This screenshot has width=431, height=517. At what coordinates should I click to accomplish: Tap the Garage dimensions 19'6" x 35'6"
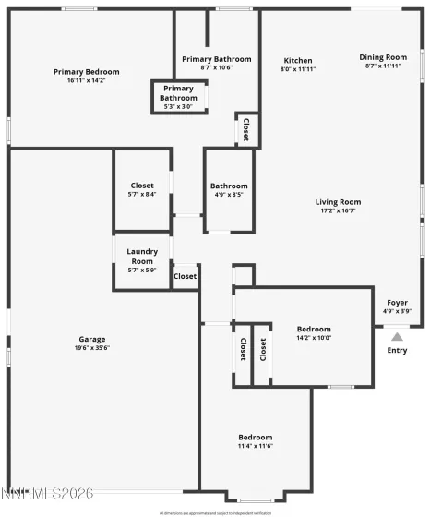coord(91,348)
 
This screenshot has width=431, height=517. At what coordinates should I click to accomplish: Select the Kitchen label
coord(298,61)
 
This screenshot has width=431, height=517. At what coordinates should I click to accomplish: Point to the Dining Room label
coord(383,57)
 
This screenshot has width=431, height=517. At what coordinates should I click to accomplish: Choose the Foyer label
coord(397,303)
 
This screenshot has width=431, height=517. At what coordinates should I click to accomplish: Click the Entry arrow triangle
coord(397,337)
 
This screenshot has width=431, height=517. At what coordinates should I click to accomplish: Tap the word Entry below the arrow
coord(397,350)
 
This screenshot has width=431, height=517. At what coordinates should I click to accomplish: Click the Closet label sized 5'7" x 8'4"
coord(142,186)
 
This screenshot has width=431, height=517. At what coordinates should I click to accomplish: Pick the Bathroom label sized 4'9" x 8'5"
coord(229,186)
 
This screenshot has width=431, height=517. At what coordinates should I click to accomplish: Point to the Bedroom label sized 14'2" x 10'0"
coord(314,329)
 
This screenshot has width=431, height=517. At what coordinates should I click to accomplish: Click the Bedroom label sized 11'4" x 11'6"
coord(256,437)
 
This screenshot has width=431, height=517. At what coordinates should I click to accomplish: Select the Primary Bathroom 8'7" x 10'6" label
coord(216,59)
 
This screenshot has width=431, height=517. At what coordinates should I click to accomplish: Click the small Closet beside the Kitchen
coord(246,130)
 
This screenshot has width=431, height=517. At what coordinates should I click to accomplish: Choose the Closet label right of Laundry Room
coord(185,276)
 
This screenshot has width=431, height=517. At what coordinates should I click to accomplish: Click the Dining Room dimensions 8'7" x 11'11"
coord(383,66)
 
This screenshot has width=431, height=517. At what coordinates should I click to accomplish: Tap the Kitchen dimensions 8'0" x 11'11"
coord(298,69)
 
